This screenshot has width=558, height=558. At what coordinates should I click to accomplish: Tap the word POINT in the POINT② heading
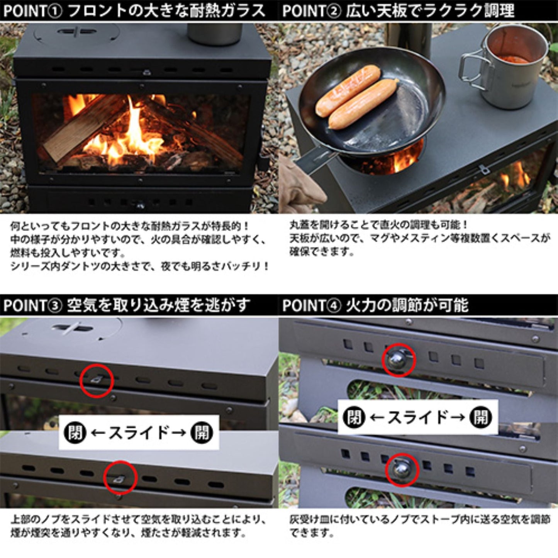(307, 11)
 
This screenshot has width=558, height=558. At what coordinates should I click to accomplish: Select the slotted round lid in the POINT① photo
(77, 32)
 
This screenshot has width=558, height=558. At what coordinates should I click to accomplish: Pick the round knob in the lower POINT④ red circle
(402, 470)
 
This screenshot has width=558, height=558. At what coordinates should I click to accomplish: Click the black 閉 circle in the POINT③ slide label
(75, 433)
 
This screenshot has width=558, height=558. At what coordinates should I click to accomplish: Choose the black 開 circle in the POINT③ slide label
(202, 433)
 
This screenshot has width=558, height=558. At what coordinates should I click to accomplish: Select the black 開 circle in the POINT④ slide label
(480, 417)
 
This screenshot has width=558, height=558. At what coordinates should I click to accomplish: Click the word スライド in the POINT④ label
(417, 417)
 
